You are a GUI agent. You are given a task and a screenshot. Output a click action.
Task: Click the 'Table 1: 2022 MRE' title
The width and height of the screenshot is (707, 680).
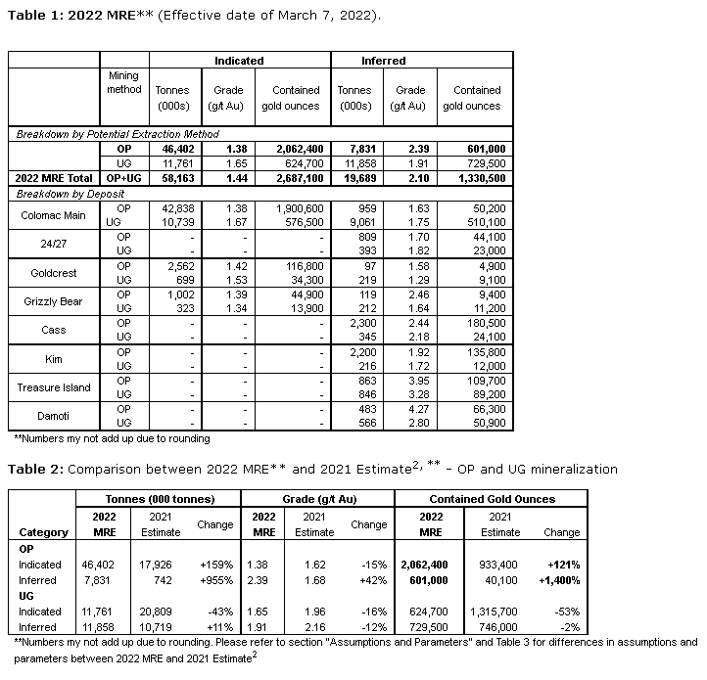point(68,17)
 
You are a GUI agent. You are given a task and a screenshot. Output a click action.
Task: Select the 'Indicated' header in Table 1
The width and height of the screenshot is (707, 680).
point(239,61)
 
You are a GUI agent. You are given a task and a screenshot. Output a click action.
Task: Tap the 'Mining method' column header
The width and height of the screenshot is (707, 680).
point(124,83)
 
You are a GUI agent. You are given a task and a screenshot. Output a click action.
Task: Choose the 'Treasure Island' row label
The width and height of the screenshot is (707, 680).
point(54,387)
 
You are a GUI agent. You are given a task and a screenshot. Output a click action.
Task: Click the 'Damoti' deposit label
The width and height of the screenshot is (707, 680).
point(54,416)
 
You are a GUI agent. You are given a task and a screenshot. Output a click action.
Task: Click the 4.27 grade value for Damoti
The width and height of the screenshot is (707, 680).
point(410,408)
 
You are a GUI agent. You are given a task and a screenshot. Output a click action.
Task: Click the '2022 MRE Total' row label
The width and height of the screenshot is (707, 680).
point(56,178)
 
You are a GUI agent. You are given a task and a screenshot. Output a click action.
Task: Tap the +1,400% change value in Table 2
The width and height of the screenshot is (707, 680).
point(560,580)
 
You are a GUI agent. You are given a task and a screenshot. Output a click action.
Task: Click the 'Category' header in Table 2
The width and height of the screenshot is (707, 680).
point(44,532)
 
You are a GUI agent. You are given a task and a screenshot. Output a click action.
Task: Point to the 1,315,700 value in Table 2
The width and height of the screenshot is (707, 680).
point(500,612)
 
